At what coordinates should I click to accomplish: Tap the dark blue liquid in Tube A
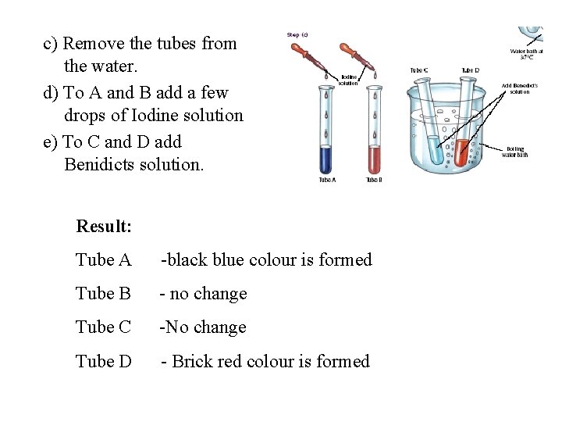click(326, 159)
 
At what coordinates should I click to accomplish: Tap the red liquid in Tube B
click(375, 159)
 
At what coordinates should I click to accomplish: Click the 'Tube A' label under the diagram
click(326, 181)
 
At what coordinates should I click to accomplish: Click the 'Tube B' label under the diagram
click(375, 181)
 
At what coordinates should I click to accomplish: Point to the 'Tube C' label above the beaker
click(419, 70)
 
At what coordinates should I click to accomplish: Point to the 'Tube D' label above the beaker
click(470, 70)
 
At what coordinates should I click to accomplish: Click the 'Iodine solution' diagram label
click(349, 80)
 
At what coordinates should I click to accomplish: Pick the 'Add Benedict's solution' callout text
click(519, 88)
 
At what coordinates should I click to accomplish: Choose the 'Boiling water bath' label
click(516, 152)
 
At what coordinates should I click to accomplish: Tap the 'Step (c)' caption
click(297, 34)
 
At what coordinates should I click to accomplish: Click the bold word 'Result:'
click(104, 227)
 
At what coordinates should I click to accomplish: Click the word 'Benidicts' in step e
click(100, 164)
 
